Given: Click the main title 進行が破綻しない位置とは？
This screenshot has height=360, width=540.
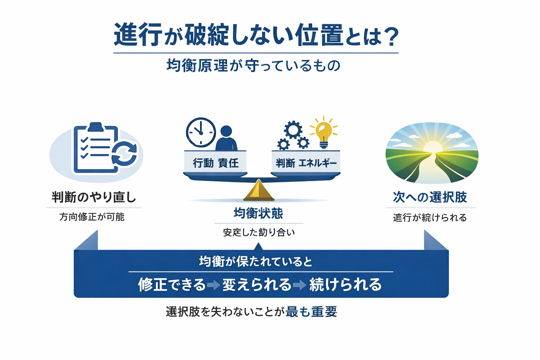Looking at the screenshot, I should pos(256,35).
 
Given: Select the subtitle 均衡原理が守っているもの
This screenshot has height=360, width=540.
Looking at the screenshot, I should pos(253,66).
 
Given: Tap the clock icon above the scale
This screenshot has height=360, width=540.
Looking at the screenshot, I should pos(201,133).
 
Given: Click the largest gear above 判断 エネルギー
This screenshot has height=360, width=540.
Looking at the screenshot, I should pos(293,130).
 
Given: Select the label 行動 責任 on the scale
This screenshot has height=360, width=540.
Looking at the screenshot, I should pos(216,163).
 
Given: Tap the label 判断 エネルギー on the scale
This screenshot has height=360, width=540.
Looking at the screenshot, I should pos(306,163).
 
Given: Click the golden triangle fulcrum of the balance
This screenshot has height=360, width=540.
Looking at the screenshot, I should pos(258,191).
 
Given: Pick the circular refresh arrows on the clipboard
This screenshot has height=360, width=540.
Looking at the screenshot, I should pos(124,153).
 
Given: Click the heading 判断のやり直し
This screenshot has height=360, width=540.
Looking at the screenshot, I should pos(94,197).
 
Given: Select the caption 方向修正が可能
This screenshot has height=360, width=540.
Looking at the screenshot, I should pos(92,217).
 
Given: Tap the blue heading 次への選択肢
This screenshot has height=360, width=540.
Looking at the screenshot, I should pos(430,197).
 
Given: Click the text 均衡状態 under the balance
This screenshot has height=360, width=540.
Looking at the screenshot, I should pos(258,213).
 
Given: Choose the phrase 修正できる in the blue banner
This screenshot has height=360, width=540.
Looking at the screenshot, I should pos(172,284).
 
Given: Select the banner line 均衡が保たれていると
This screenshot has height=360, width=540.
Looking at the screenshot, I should pos(256,262).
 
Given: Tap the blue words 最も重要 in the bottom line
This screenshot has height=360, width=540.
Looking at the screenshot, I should pos(311,311).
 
